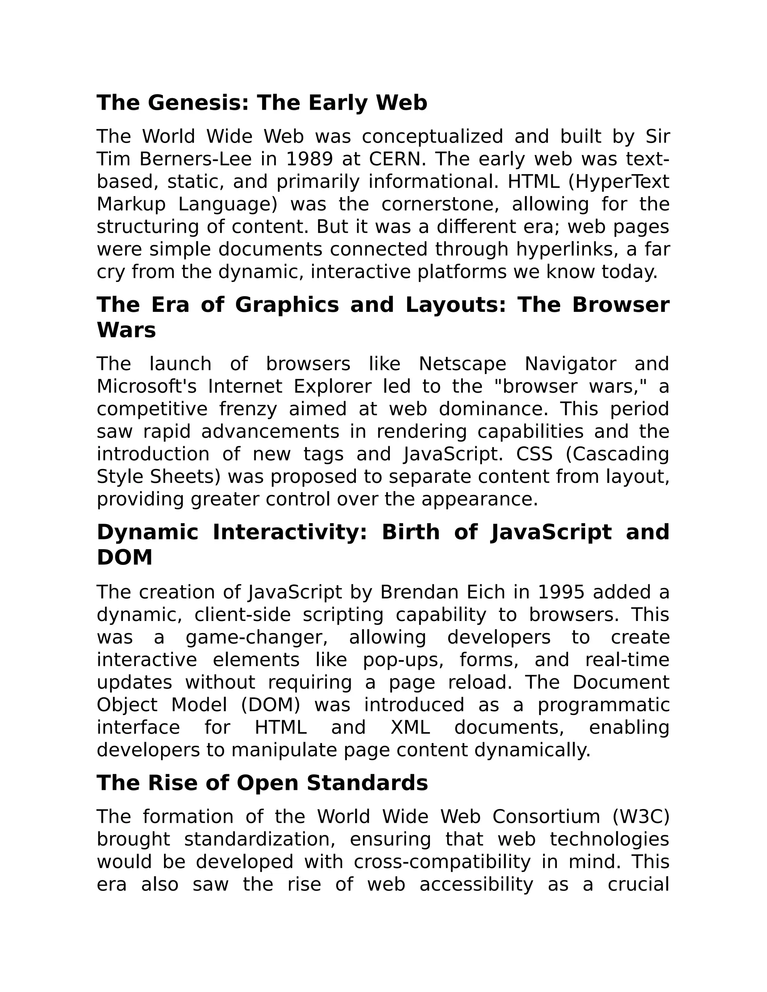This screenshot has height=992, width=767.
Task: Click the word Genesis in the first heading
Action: [198, 103]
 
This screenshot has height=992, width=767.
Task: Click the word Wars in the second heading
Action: [126, 330]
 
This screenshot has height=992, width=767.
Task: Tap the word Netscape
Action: [462, 364]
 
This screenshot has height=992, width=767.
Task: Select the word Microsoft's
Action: [146, 387]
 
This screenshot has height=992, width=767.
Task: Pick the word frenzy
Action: [248, 409]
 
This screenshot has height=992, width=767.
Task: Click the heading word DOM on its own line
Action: [124, 558]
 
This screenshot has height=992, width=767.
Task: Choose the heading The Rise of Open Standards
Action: [262, 783]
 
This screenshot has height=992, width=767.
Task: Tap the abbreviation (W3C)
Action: [641, 817]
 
